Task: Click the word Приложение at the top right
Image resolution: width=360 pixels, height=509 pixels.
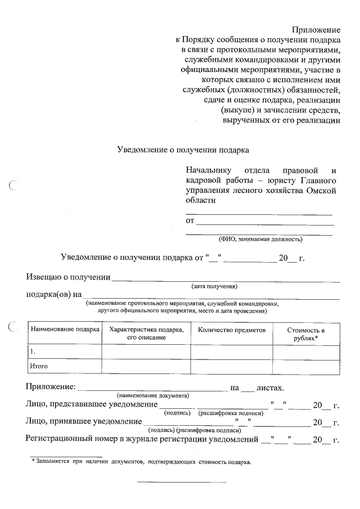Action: (x=317, y=29)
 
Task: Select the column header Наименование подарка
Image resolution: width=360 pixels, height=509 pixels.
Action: (x=65, y=330)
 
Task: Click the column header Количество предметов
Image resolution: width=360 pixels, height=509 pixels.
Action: (x=232, y=330)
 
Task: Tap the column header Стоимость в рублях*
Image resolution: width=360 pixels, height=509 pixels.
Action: (x=306, y=334)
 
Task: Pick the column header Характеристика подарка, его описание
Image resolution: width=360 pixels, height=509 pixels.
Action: (x=146, y=333)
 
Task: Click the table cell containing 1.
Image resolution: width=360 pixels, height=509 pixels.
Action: (x=65, y=352)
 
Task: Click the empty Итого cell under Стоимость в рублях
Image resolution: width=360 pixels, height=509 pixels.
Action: (x=306, y=366)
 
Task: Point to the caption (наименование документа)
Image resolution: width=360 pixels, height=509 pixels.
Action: (x=152, y=395)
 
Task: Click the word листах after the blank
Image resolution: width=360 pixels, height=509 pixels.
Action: (x=270, y=388)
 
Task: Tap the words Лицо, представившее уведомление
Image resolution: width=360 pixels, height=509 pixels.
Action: (x=91, y=404)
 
